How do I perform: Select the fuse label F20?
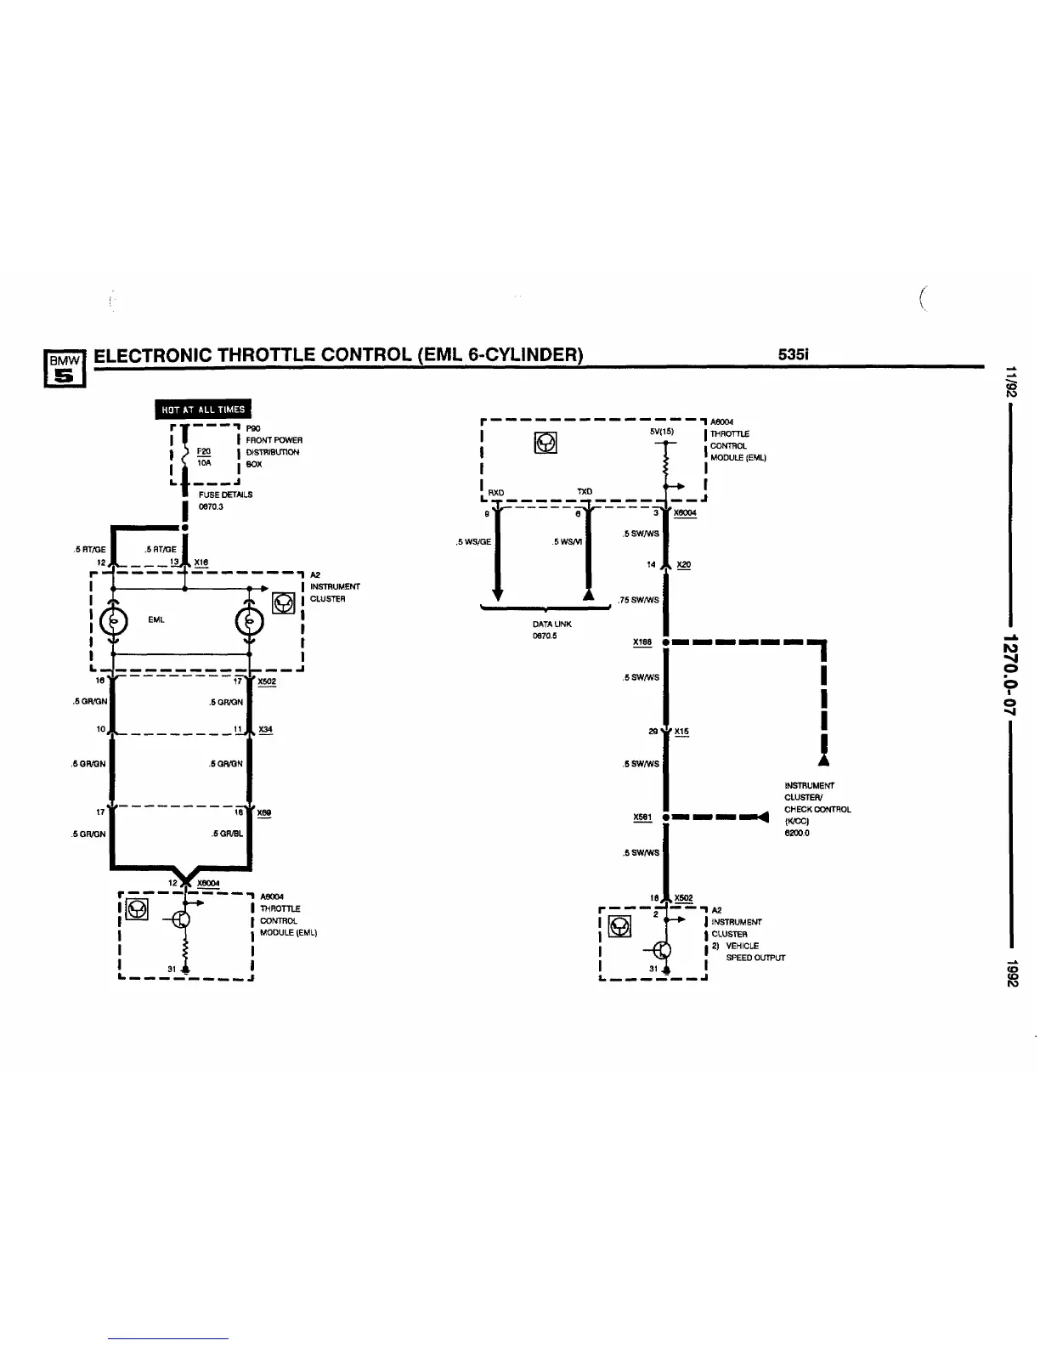[203, 451]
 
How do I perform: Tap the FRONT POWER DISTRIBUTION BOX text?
[274, 452]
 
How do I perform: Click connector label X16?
[201, 563]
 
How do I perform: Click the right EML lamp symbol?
[248, 620]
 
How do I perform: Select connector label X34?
[265, 730]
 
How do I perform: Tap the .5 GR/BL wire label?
[227, 834]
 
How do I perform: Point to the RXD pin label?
[496, 492]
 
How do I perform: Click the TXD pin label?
[585, 491]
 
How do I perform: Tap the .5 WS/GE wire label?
[473, 542]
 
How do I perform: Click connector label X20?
[684, 565]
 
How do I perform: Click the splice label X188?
[642, 642]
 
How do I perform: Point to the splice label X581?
[642, 817]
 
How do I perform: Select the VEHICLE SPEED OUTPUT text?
[749, 951]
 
